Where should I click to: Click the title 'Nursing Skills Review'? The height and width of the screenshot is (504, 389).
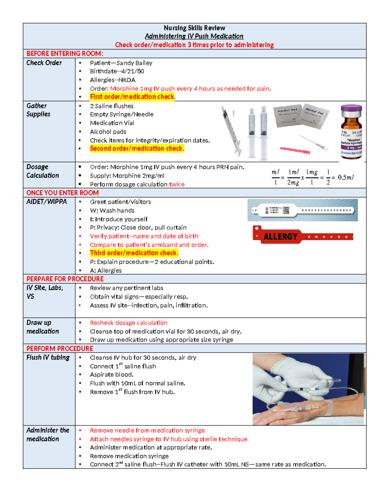[x=194, y=28]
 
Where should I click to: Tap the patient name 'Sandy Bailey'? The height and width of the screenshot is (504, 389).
[x=134, y=63]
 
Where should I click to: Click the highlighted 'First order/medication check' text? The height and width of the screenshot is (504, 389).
[x=132, y=97]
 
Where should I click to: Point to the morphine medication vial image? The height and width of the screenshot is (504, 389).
[x=351, y=132]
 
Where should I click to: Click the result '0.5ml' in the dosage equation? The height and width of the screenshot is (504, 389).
[x=346, y=178]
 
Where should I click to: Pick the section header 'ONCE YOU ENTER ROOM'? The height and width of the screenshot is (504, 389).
[x=62, y=193]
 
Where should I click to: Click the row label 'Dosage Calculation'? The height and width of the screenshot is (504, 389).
[x=42, y=171]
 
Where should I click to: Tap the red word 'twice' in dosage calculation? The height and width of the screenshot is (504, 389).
[x=177, y=184]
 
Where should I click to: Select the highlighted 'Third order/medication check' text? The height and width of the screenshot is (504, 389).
[x=134, y=253]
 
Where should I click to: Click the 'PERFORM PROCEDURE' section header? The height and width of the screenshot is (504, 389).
[x=60, y=349]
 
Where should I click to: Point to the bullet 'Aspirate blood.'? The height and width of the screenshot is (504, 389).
[x=112, y=375]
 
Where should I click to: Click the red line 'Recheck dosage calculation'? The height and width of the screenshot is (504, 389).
[x=129, y=323]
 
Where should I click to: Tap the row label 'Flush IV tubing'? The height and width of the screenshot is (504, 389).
[x=48, y=357]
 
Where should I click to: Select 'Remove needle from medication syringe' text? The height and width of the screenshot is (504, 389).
[x=147, y=430]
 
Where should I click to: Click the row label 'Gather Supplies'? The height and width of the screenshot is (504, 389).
[x=38, y=110]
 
